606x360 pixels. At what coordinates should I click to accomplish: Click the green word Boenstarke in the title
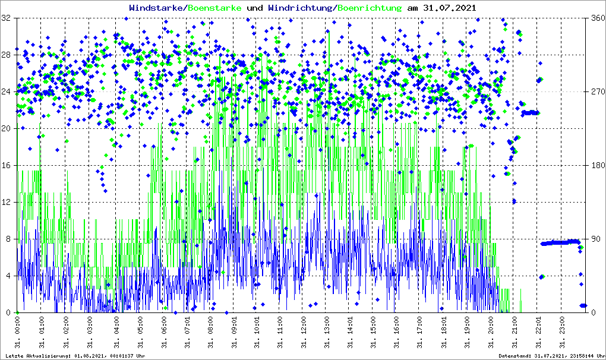(x=214, y=8)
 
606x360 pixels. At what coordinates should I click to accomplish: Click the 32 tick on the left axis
(x=7, y=18)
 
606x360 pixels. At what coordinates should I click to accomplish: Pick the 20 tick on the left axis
(x=7, y=128)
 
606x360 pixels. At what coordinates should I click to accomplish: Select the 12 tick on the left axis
(x=7, y=202)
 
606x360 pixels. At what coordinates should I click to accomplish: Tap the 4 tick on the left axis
(x=10, y=276)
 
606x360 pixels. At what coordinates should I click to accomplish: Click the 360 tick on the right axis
(x=596, y=18)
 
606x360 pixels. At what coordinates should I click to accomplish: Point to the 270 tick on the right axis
(x=596, y=92)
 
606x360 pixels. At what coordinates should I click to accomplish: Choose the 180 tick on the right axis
(x=596, y=166)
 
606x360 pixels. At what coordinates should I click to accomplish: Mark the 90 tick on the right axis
(x=594, y=239)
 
